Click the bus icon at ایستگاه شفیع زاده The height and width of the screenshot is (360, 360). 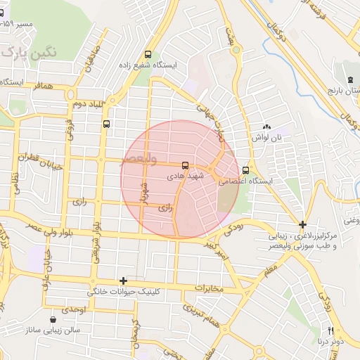coord(148,54)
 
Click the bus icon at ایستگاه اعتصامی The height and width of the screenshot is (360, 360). coord(245,169)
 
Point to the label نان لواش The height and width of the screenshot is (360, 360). coord(268,139)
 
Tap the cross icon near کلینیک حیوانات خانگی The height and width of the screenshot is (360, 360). coord(124,281)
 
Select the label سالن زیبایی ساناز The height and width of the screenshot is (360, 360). coord(53,329)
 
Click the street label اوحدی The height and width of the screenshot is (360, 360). coord(73,309)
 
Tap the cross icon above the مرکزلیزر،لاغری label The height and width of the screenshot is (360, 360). coord(302,225)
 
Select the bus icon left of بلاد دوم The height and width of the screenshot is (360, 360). coord(105,124)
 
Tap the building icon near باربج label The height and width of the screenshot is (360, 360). coord(349,76)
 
